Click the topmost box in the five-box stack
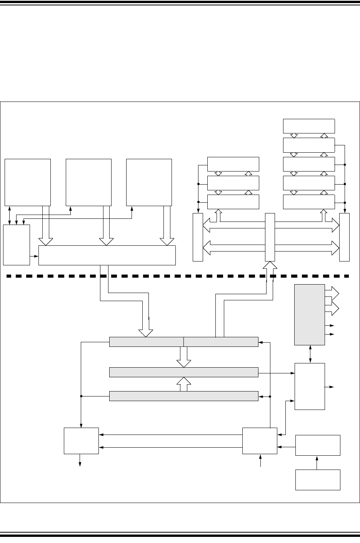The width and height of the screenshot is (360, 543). (308, 126)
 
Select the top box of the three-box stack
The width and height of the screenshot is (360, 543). (233, 164)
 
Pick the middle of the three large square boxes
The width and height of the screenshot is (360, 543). (88, 182)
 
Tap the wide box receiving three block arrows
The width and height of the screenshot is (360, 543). (107, 255)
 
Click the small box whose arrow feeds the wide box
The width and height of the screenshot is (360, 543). (17, 245)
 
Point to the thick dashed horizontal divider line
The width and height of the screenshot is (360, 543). (177, 276)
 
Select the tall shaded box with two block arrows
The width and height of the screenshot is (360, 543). (309, 315)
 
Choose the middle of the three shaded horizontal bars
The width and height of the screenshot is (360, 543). (183, 372)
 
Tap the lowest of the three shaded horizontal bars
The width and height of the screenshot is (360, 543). (183, 396)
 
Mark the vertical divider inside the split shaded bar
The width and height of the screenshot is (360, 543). (183, 341)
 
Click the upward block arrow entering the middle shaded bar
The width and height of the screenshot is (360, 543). (184, 384)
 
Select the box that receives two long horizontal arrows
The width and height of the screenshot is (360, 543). (81, 441)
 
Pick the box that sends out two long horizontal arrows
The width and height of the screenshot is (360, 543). (260, 441)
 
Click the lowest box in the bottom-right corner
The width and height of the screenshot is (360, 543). (318, 480)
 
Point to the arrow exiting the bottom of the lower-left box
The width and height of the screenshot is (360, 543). (80, 460)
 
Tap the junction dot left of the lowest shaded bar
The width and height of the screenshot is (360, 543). (81, 396)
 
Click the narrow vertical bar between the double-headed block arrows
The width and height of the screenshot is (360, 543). (270, 237)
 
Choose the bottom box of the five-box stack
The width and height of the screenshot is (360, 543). (308, 202)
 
